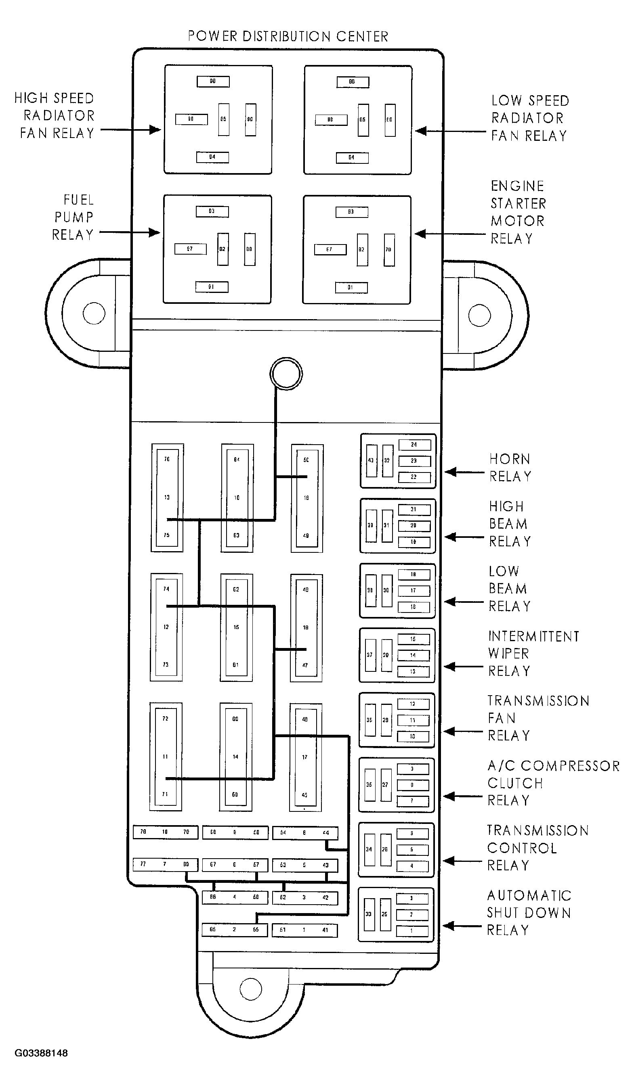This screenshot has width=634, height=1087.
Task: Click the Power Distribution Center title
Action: coord(288,36)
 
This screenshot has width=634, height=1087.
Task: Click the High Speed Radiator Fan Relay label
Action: coord(55,116)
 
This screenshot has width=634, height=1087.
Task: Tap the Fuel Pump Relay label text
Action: coord(73,217)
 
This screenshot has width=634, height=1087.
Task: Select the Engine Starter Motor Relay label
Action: coord(518,212)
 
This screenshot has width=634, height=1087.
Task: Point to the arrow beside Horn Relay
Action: coord(464,472)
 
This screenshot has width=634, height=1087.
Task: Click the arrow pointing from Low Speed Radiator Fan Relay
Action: coord(450,131)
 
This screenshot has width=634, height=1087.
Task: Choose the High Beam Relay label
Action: coord(509,524)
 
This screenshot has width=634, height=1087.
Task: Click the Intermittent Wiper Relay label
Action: coord(533,654)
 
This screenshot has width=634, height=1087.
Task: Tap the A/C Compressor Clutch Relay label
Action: coord(552,783)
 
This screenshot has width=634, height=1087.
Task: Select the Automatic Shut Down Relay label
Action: coord(529,913)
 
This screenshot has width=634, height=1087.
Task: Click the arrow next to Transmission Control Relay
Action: coord(462,861)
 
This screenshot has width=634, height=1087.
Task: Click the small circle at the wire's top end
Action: coord(286,374)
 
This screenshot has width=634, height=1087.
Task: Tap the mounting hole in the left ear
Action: coord(94,313)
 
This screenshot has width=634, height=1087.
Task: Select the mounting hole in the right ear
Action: coord(479,315)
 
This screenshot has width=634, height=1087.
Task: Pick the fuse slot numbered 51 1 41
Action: coord(304,930)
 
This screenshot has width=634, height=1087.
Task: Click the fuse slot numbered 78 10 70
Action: coord(165,832)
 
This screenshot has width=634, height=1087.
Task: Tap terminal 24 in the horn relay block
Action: coord(414,445)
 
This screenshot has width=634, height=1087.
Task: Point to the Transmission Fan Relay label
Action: coord(537,718)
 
